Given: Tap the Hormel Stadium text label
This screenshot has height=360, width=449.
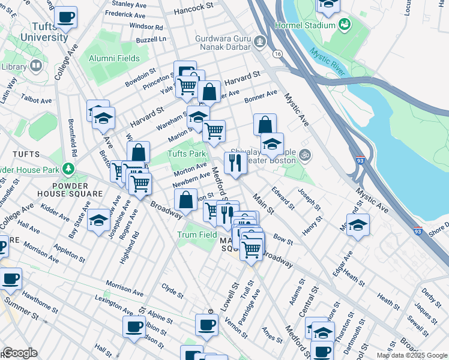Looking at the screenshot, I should click(304, 25).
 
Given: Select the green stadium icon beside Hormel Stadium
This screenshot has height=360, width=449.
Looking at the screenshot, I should click(345, 25).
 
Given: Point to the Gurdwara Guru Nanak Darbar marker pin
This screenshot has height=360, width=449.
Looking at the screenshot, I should click(260, 42).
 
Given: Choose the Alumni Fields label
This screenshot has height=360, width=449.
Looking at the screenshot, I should click(114, 58).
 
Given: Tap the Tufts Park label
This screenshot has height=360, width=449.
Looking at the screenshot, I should click(187, 154).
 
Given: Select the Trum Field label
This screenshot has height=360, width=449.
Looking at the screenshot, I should click(196, 235).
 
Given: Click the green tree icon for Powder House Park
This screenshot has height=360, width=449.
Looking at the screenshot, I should click(70, 169).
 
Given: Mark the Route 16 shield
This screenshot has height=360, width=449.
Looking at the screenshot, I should click(277, 53).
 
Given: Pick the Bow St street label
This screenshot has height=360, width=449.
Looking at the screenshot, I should click(283, 240).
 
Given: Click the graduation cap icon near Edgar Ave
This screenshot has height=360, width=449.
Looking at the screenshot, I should click(358, 225).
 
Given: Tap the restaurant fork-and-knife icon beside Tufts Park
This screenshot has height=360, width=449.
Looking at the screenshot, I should click(234, 161).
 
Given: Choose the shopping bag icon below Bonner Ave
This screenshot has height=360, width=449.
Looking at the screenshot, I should click(265, 125).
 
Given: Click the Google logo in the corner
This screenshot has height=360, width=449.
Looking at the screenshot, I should click(19, 353).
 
